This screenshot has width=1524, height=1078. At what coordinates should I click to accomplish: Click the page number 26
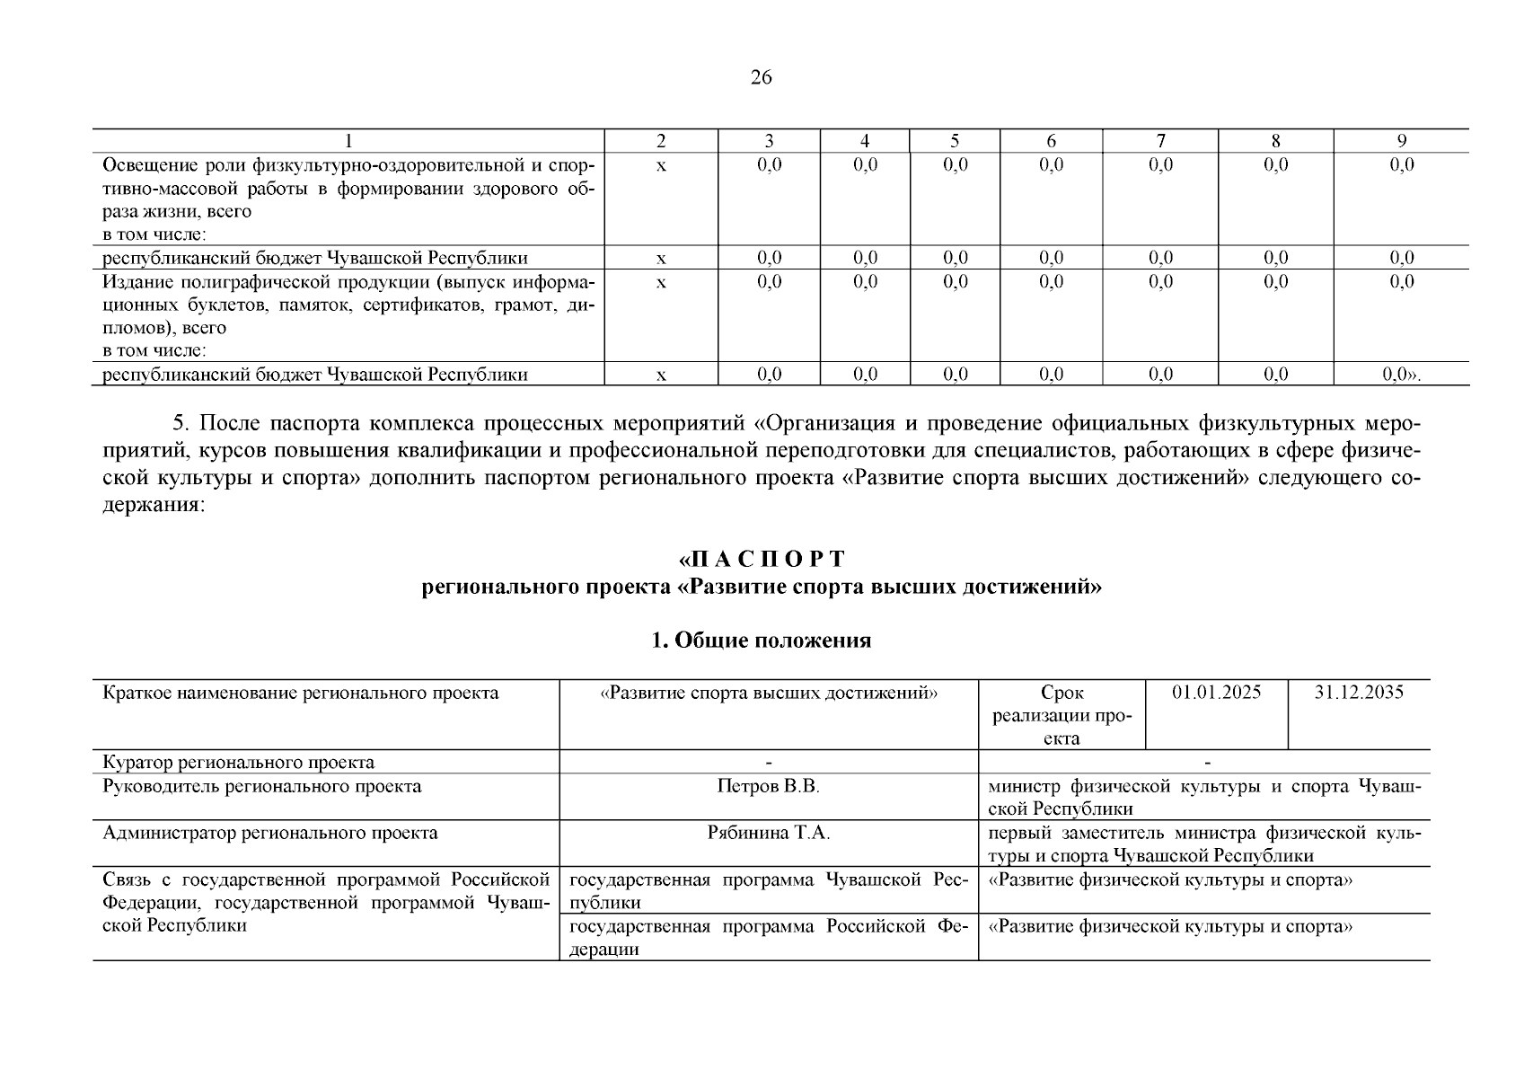(x=761, y=78)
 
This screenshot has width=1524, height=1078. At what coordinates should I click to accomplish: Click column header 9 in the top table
(x=1401, y=141)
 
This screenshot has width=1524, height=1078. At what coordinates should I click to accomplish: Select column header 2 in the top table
(x=661, y=141)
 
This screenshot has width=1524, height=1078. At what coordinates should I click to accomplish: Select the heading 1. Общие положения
(x=761, y=641)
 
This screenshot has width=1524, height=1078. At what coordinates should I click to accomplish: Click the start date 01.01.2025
(x=1216, y=693)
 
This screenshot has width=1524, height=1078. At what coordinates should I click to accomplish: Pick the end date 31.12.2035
(x=1359, y=693)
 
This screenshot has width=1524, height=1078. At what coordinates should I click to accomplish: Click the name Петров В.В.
(x=769, y=787)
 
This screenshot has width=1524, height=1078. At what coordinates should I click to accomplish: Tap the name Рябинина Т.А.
(x=769, y=834)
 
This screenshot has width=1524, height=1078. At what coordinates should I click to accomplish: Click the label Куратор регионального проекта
(x=239, y=763)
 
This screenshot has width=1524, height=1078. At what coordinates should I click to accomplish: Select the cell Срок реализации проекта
(x=1062, y=716)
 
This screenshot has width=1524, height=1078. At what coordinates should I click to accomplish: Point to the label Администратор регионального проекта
(x=270, y=834)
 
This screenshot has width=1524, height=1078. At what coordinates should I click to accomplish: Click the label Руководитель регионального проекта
(x=262, y=787)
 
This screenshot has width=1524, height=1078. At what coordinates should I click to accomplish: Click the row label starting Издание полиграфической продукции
(x=348, y=305)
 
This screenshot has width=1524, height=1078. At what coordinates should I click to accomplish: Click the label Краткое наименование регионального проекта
(x=301, y=693)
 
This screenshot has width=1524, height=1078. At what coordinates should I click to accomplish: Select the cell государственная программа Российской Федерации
(x=768, y=937)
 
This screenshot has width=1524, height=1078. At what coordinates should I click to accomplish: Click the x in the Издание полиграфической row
(x=661, y=283)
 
